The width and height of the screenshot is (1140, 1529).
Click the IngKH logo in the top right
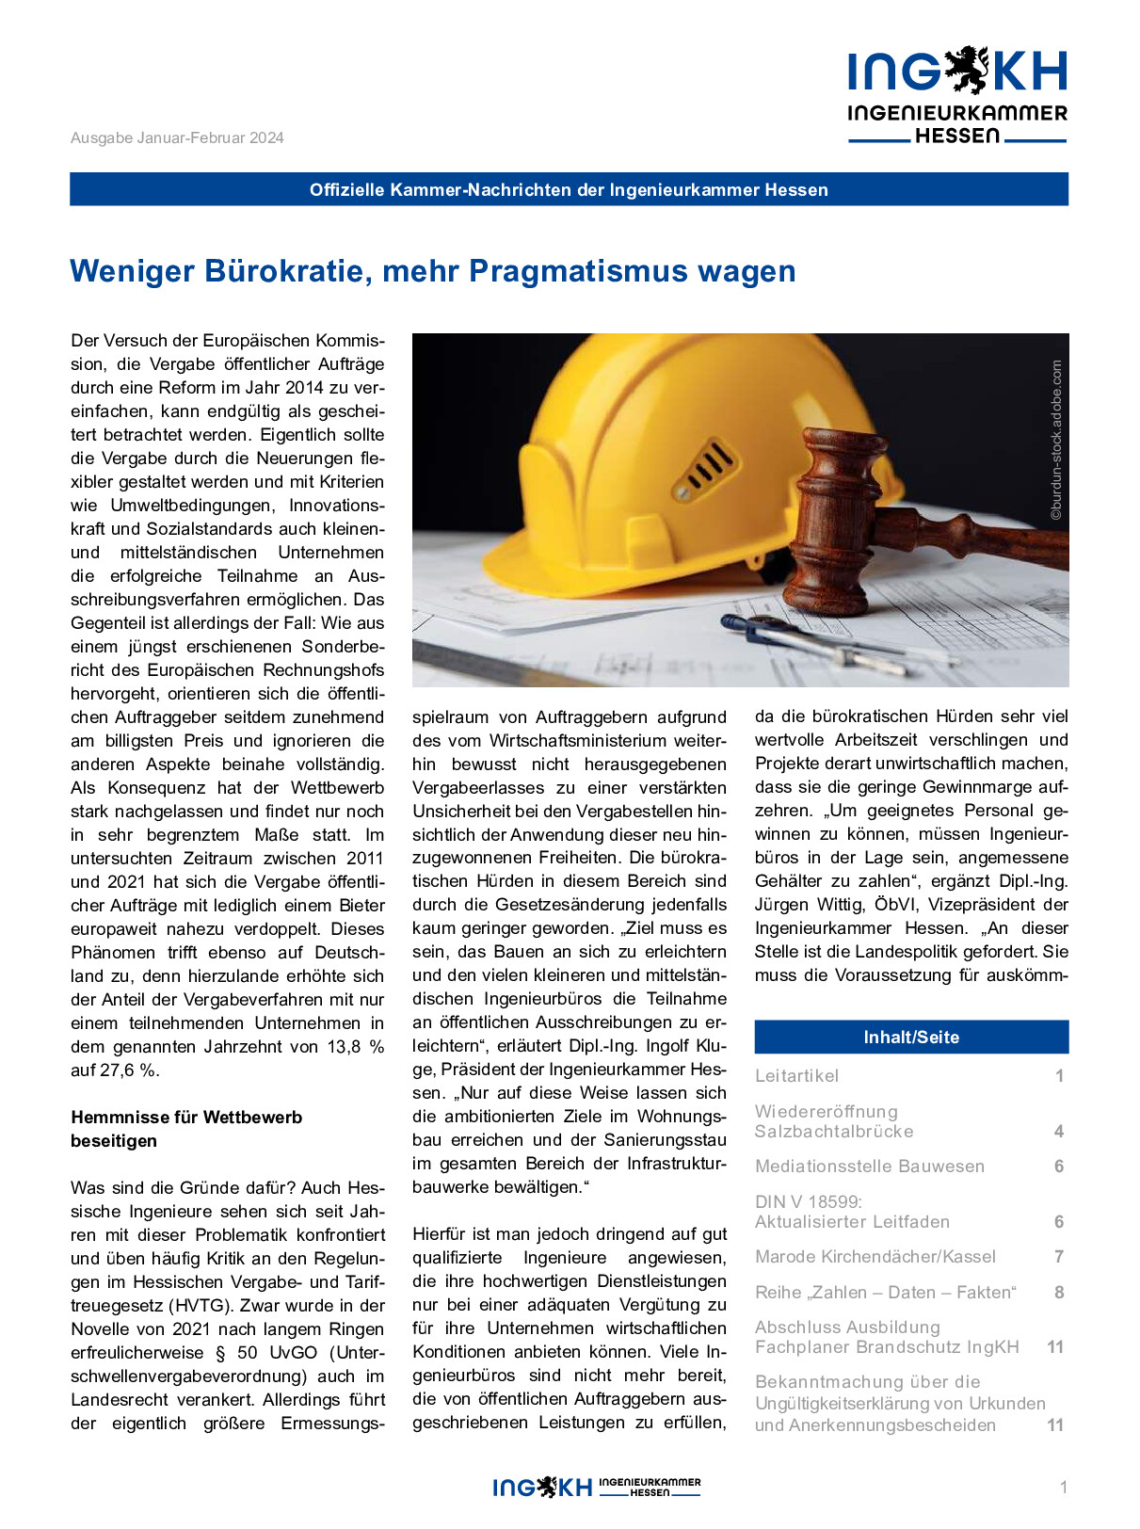(x=957, y=95)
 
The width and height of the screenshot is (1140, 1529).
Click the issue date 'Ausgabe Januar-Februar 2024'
(x=177, y=137)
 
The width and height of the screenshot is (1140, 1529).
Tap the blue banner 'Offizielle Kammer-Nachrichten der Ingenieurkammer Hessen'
(x=569, y=189)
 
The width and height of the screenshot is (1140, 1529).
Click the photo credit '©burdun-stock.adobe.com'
(x=1056, y=440)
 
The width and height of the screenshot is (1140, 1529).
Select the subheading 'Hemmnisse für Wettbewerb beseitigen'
(x=186, y=1129)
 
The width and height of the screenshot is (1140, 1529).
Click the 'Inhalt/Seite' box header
(x=911, y=1037)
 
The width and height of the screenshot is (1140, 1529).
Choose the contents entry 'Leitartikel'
(x=796, y=1075)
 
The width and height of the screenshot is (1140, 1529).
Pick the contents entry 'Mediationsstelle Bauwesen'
(x=870, y=1166)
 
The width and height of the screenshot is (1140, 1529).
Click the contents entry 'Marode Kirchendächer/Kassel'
(x=875, y=1256)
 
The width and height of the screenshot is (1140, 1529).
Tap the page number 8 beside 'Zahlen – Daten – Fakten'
(x=1059, y=1292)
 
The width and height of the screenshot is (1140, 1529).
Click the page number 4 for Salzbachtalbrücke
(x=1059, y=1131)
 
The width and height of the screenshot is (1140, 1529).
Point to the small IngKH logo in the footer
(x=597, y=1487)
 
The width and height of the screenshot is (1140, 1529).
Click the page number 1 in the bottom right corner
(x=1064, y=1488)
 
